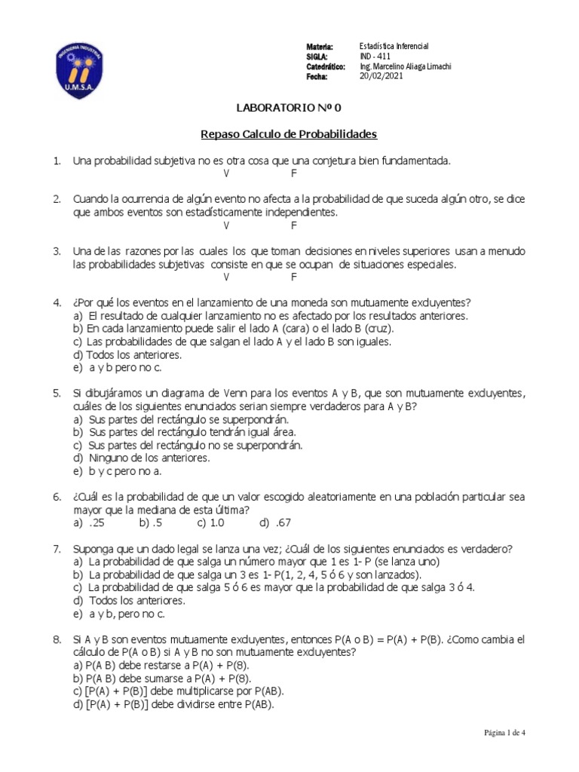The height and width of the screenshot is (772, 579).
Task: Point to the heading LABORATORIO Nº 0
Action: click(x=288, y=108)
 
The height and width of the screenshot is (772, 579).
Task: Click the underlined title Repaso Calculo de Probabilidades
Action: click(x=289, y=134)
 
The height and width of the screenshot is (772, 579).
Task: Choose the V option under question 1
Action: click(x=226, y=173)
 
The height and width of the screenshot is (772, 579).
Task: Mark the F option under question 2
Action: click(x=295, y=225)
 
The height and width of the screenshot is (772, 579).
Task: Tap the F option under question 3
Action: click(x=295, y=277)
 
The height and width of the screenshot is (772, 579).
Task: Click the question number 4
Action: click(x=57, y=303)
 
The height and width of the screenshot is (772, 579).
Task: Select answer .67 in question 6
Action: click(x=282, y=522)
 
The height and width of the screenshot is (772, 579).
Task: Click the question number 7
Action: click(x=57, y=549)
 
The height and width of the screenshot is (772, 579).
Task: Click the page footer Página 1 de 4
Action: click(x=504, y=732)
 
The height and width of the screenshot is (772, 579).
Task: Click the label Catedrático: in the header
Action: click(x=326, y=66)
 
